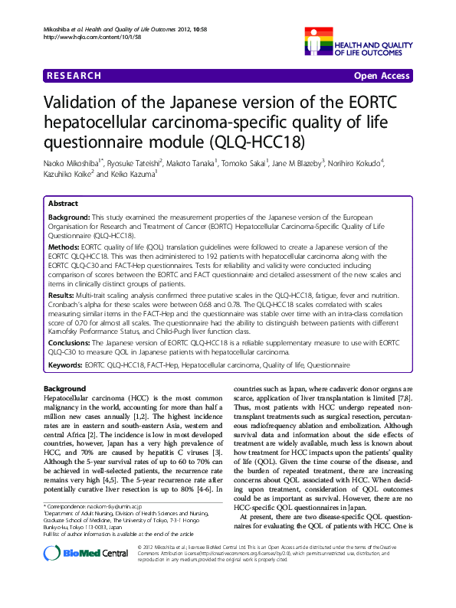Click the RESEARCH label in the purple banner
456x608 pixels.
point(74,76)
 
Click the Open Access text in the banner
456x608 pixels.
point(382,76)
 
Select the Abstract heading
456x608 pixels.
point(63,204)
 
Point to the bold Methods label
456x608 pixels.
point(64,249)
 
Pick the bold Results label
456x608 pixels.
point(62,294)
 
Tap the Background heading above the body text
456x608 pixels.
point(64,389)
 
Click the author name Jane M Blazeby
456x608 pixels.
point(294,162)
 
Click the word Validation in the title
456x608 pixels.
point(83,103)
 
